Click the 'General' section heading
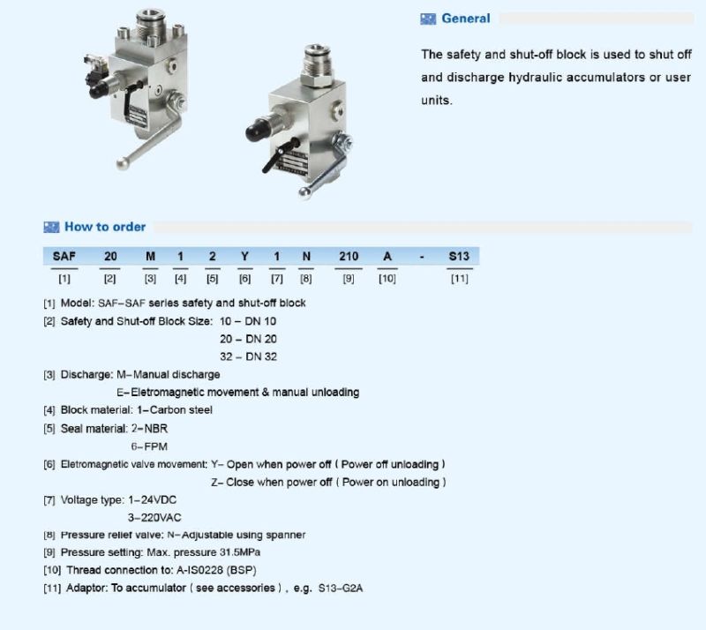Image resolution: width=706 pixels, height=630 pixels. (465, 19)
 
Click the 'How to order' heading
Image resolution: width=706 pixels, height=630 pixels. (104, 227)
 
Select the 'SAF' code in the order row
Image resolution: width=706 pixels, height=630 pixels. (64, 256)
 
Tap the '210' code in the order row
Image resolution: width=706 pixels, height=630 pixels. (349, 256)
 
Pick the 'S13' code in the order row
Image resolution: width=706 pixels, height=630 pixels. (459, 256)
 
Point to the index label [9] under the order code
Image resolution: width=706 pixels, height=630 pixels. (349, 279)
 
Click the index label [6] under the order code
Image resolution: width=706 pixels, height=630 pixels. (244, 279)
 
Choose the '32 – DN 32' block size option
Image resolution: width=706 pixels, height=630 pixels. (248, 356)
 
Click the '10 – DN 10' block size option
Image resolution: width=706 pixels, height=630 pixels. (248, 321)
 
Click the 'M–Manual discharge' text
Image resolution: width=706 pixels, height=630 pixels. (168, 374)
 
